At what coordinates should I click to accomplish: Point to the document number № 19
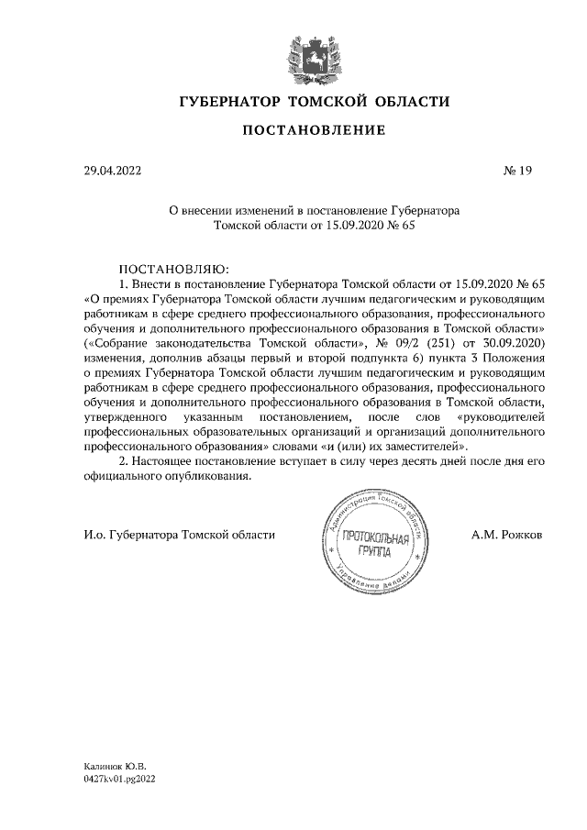pyautogui.click(x=518, y=171)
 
